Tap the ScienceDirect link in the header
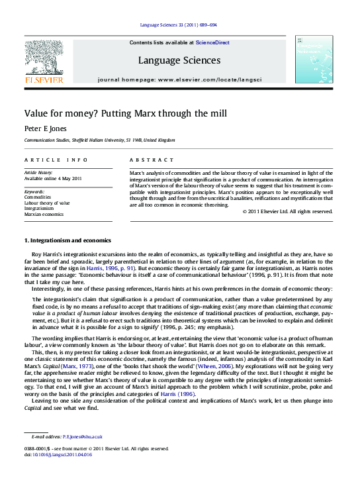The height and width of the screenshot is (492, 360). (212, 42)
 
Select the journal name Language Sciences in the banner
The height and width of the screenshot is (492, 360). (179, 60)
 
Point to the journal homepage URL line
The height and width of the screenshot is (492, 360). (179, 79)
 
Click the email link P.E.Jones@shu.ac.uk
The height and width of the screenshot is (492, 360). (83, 437)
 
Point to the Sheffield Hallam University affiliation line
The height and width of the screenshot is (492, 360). (99, 140)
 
